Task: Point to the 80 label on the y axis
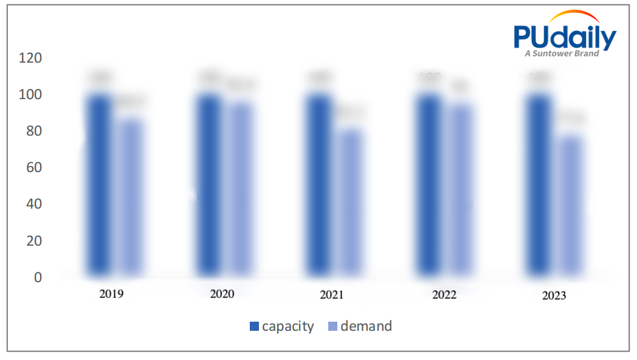(34, 131)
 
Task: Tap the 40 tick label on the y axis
(34, 204)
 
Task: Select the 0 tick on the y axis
(38, 277)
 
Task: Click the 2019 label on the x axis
(111, 294)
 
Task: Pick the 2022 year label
(444, 296)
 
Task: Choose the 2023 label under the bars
(554, 296)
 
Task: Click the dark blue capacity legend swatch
(254, 327)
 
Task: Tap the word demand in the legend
(366, 327)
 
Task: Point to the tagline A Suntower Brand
(562, 54)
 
